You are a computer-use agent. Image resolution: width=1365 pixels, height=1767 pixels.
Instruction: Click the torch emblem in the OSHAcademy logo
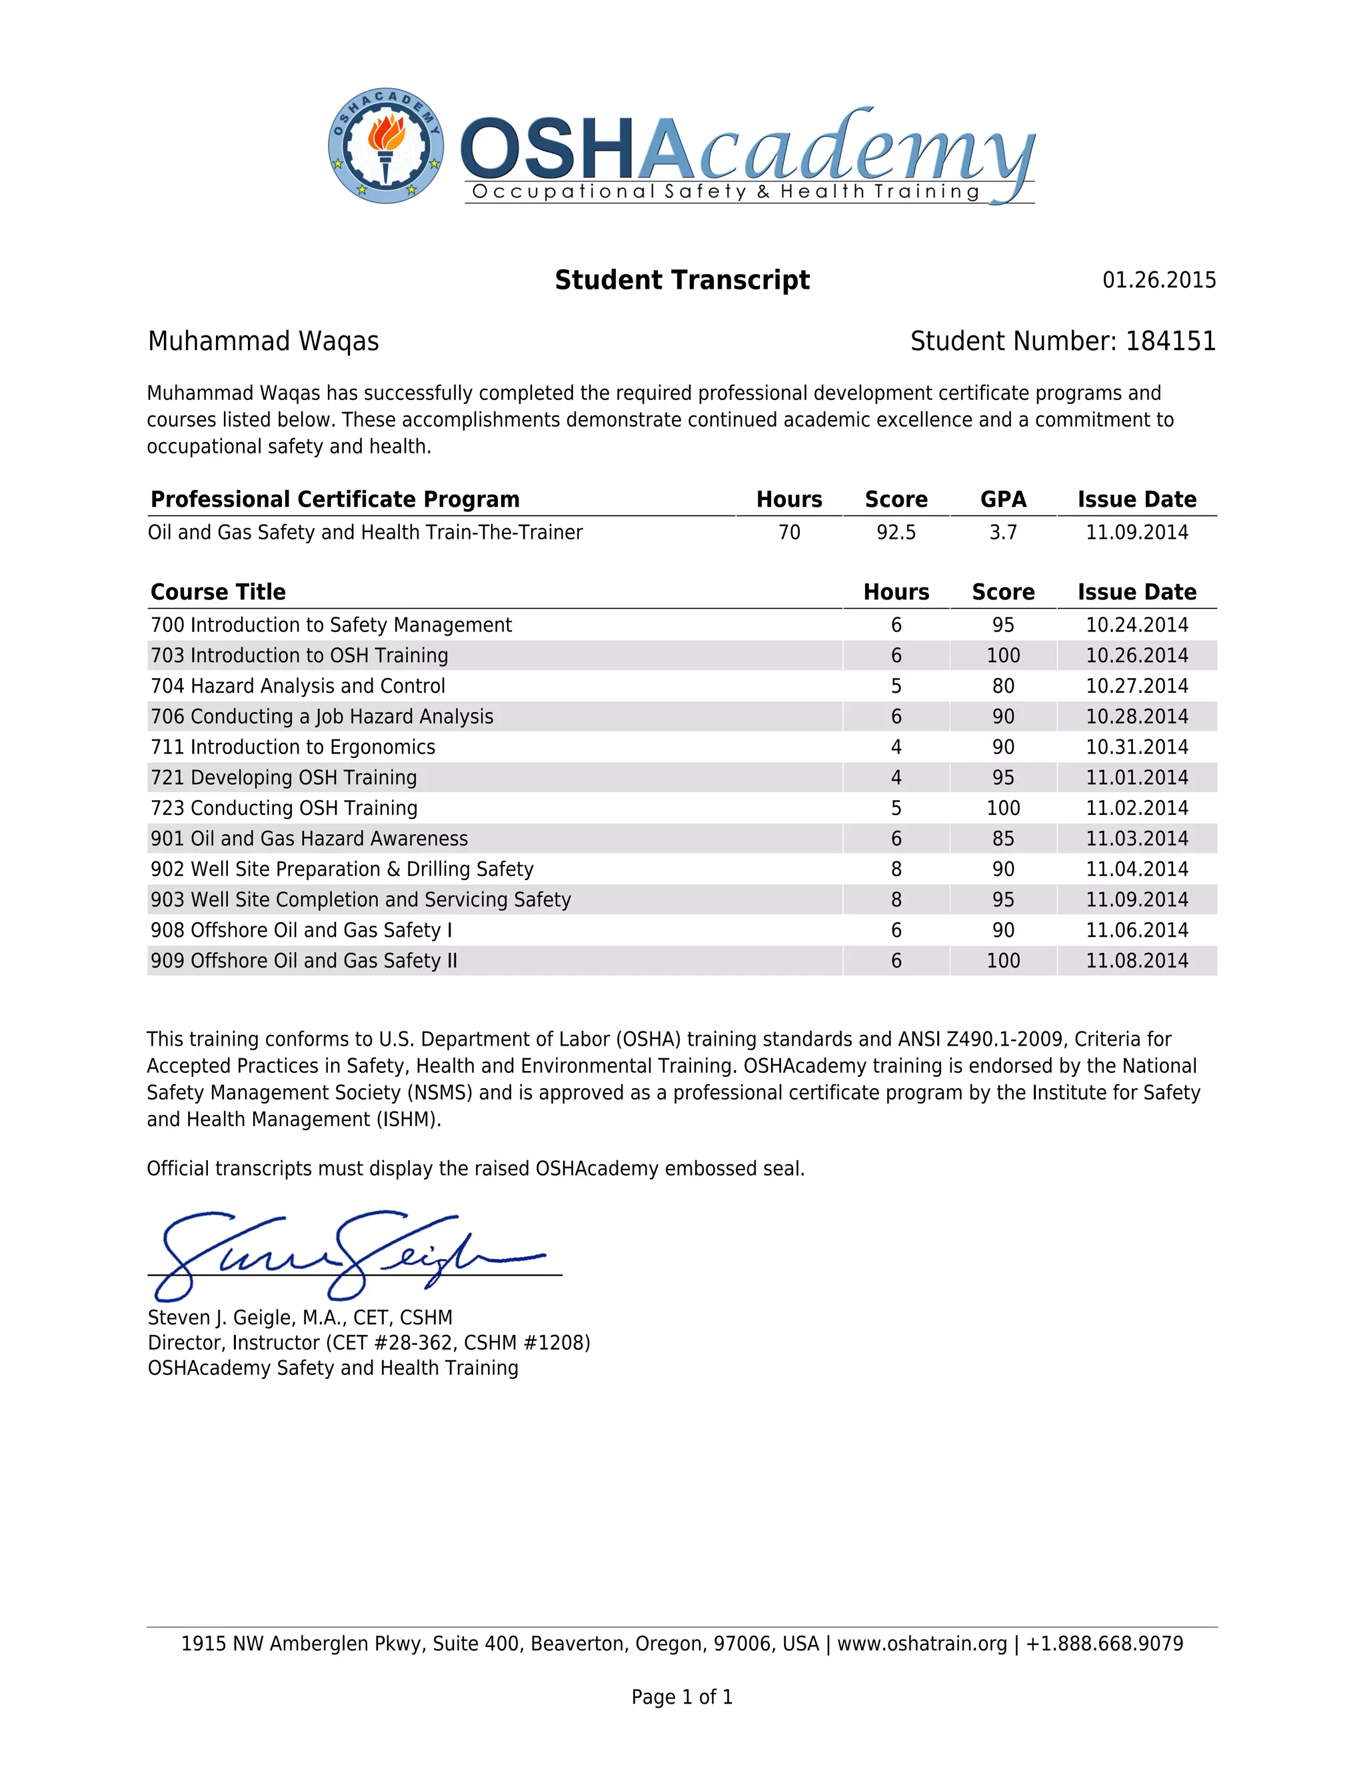pyautogui.click(x=387, y=145)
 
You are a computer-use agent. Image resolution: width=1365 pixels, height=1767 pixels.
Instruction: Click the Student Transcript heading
pyautogui.click(x=682, y=280)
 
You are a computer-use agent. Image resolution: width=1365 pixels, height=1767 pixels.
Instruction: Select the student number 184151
pyautogui.click(x=1170, y=341)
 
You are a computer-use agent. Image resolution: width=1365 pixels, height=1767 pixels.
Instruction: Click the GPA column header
pyautogui.click(x=1002, y=499)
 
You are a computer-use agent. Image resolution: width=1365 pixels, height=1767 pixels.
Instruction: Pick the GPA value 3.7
pyautogui.click(x=1002, y=532)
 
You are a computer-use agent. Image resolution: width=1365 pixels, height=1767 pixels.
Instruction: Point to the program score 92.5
pyautogui.click(x=896, y=532)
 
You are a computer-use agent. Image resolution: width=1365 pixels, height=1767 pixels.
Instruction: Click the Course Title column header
pyautogui.click(x=219, y=592)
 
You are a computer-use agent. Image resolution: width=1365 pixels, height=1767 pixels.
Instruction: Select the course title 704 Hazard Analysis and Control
pyautogui.click(x=297, y=686)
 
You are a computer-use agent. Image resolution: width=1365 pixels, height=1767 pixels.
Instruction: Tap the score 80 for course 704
pyautogui.click(x=1002, y=686)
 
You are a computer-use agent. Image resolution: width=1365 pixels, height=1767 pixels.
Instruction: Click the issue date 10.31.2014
pyautogui.click(x=1136, y=747)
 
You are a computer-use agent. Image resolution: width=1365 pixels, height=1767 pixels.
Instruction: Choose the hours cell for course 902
pyautogui.click(x=896, y=869)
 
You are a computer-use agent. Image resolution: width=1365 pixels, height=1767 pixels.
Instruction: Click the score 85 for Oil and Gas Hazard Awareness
pyautogui.click(x=1002, y=838)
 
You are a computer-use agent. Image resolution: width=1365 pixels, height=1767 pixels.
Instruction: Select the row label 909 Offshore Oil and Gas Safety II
pyautogui.click(x=304, y=960)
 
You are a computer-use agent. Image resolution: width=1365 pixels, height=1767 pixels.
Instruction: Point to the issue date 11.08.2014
pyautogui.click(x=1136, y=960)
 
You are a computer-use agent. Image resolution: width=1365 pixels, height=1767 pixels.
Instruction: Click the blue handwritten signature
pyautogui.click(x=348, y=1254)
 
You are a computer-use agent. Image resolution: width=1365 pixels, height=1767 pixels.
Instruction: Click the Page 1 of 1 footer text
pyautogui.click(x=682, y=1696)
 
